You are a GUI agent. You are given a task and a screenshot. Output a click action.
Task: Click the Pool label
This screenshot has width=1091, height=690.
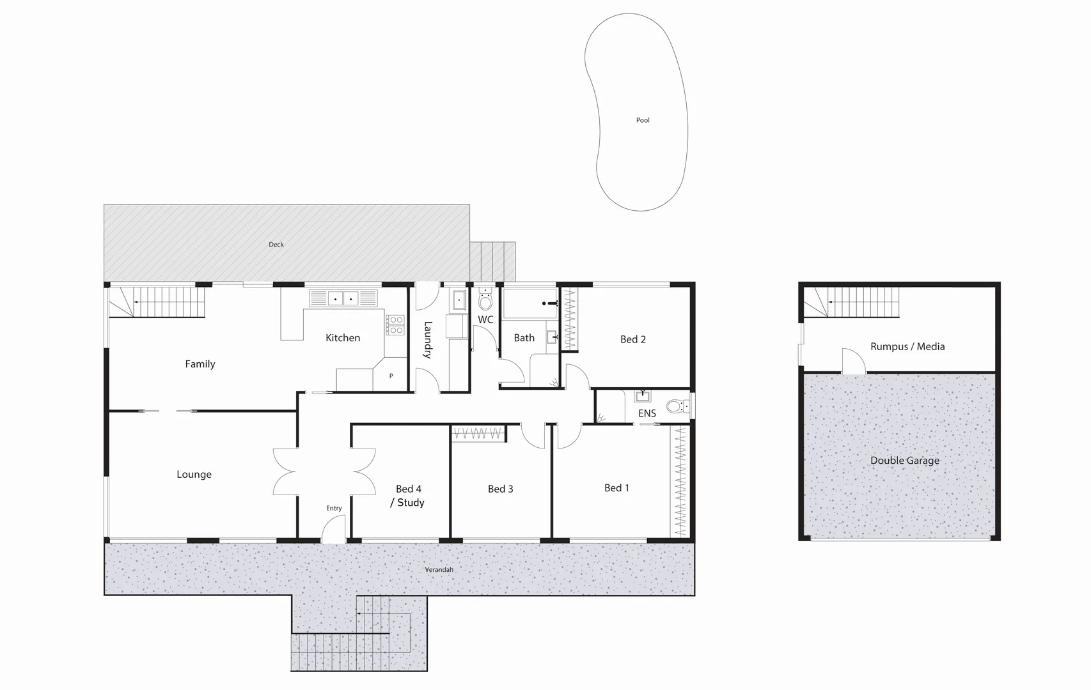tap(643, 120)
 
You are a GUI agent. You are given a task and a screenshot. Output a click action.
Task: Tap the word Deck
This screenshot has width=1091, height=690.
tap(276, 245)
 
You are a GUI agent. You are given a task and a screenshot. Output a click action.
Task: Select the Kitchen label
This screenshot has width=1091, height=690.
tap(343, 338)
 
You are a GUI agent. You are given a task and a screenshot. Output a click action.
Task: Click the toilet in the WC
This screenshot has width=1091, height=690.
tap(486, 301)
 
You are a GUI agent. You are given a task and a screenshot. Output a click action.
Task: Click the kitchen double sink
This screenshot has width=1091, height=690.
tap(343, 298)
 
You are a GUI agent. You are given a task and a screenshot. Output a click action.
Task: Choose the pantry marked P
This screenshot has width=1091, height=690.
tap(391, 376)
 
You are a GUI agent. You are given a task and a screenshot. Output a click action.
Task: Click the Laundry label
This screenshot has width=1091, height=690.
tap(428, 339)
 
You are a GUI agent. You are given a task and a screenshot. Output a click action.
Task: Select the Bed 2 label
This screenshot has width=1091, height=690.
tap(633, 339)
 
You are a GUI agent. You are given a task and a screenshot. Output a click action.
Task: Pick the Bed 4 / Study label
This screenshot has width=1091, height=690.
tap(409, 496)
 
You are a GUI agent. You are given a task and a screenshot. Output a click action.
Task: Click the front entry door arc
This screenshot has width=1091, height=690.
tap(333, 530)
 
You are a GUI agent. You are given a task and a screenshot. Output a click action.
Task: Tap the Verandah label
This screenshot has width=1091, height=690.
tap(439, 569)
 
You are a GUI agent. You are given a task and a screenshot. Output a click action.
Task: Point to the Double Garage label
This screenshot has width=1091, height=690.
tap(905, 460)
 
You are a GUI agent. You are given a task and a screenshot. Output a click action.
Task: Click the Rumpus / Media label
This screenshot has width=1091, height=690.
tap(907, 346)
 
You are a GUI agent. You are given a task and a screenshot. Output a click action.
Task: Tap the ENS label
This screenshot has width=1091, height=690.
tap(647, 413)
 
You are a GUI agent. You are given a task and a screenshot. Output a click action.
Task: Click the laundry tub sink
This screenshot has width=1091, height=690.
tap(459, 300)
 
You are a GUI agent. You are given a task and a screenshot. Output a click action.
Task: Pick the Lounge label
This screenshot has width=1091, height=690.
tap(194, 474)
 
